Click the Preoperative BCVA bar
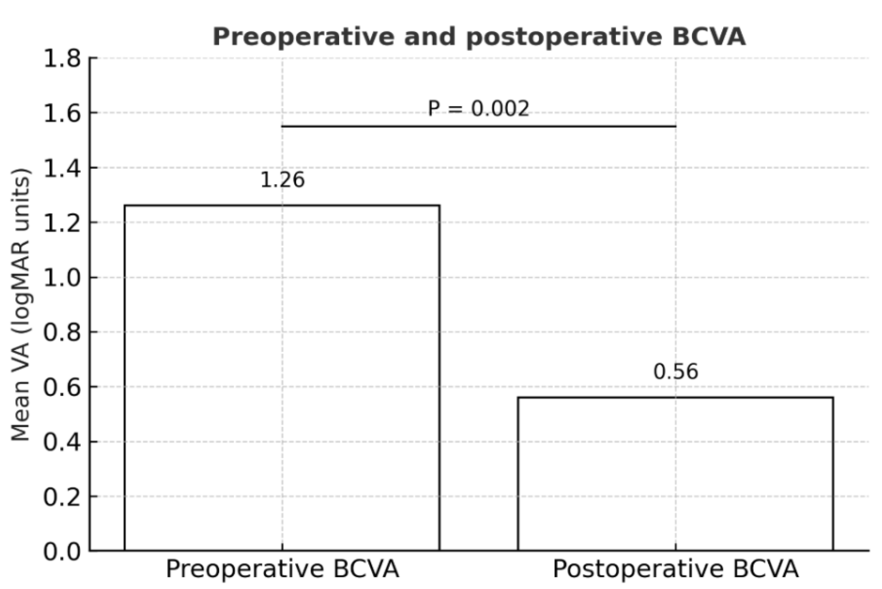pyautogui.click(x=282, y=377)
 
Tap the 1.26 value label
pyautogui.click(x=283, y=180)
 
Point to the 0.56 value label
pyautogui.click(x=676, y=372)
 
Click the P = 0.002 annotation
pyautogui.click(x=478, y=109)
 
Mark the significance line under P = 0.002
pyautogui.click(x=478, y=126)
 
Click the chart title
pyautogui.click(x=479, y=37)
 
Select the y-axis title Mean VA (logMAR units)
pyautogui.click(x=21, y=305)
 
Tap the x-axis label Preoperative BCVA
pyautogui.click(x=282, y=569)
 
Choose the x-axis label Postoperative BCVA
pyautogui.click(x=675, y=569)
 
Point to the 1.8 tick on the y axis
pyautogui.click(x=62, y=59)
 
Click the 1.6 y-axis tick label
pyautogui.click(x=62, y=113)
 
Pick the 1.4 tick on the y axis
pyautogui.click(x=62, y=168)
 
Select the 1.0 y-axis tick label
pyautogui.click(x=62, y=278)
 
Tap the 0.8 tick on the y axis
pyautogui.click(x=62, y=332)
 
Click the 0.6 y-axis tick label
pyautogui.click(x=62, y=387)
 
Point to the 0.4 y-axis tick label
pyautogui.click(x=62, y=442)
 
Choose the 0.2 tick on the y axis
pyautogui.click(x=62, y=497)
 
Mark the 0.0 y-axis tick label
pyautogui.click(x=62, y=552)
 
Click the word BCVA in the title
pyautogui.click(x=708, y=37)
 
